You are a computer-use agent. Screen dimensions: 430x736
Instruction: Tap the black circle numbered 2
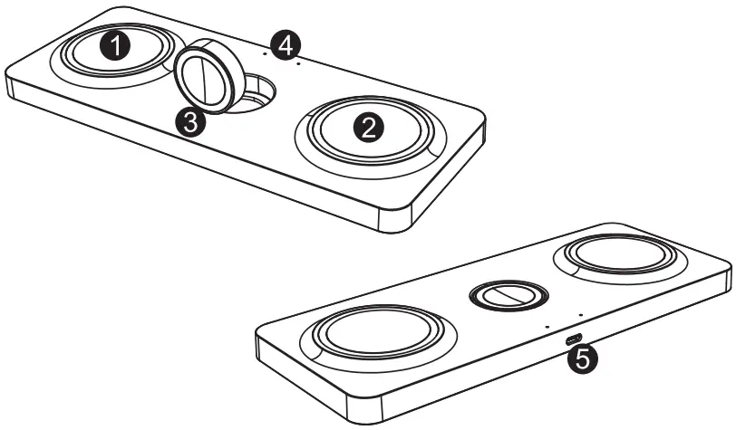pyautogui.click(x=368, y=128)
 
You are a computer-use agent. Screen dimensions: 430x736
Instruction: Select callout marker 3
pyautogui.click(x=189, y=123)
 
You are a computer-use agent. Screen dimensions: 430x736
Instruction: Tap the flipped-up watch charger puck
pyautogui.click(x=206, y=79)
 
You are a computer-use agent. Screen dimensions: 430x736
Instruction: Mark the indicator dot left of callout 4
pyautogui.click(x=264, y=53)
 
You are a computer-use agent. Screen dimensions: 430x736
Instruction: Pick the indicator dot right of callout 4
pyautogui.click(x=298, y=64)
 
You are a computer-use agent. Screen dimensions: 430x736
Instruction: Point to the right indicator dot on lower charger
pyautogui.click(x=581, y=313)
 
